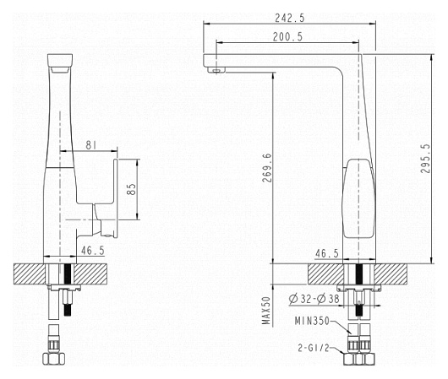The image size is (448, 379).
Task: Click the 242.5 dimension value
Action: pos(290,19)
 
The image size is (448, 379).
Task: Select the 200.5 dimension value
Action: pos(287,37)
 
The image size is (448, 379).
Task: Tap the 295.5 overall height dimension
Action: pos(425,159)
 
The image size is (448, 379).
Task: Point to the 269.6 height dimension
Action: pos(267,168)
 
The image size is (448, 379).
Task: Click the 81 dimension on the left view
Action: pos(90,145)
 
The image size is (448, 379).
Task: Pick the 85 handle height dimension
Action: pos(131,189)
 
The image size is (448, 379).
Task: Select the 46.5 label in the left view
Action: pos(93,251)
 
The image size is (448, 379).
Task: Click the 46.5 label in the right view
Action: pos(326,253)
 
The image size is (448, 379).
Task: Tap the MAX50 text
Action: pos(266,311)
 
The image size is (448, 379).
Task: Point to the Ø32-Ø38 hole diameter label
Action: pos(314,299)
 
